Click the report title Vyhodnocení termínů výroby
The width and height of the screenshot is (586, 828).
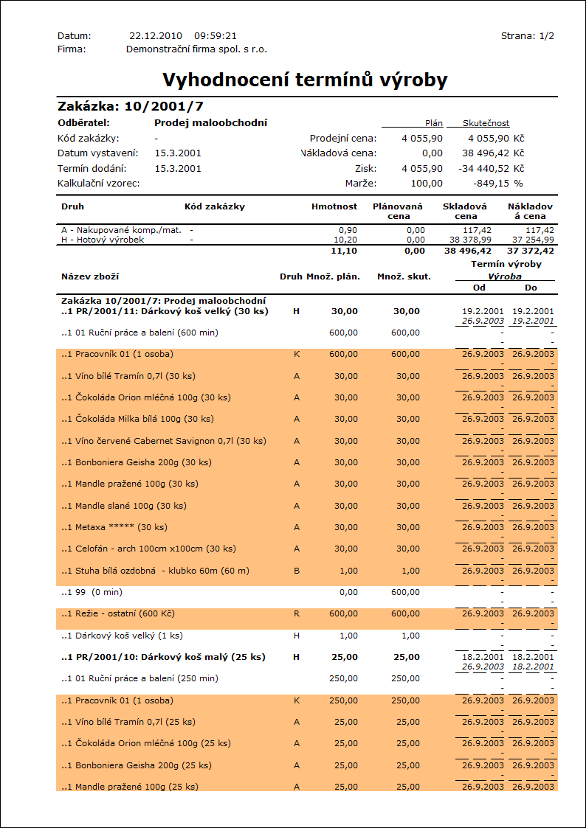click(305, 80)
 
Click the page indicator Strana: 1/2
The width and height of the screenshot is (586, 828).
click(527, 35)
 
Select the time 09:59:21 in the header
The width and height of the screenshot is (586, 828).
click(216, 35)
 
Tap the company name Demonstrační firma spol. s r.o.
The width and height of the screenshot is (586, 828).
click(196, 49)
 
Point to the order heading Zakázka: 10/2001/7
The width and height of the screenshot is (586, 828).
click(130, 107)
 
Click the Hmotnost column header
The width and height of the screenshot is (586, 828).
click(334, 207)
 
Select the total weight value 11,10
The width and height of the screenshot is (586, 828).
click(345, 251)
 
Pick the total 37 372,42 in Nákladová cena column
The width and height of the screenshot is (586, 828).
click(530, 251)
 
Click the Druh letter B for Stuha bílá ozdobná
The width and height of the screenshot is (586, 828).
click(297, 571)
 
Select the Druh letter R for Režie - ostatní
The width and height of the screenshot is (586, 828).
click(297, 614)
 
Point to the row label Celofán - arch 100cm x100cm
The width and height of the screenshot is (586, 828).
click(151, 549)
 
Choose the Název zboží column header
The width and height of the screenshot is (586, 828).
click(90, 276)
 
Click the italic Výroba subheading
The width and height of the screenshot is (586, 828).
click(505, 276)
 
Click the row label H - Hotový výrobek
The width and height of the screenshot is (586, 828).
click(103, 240)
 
